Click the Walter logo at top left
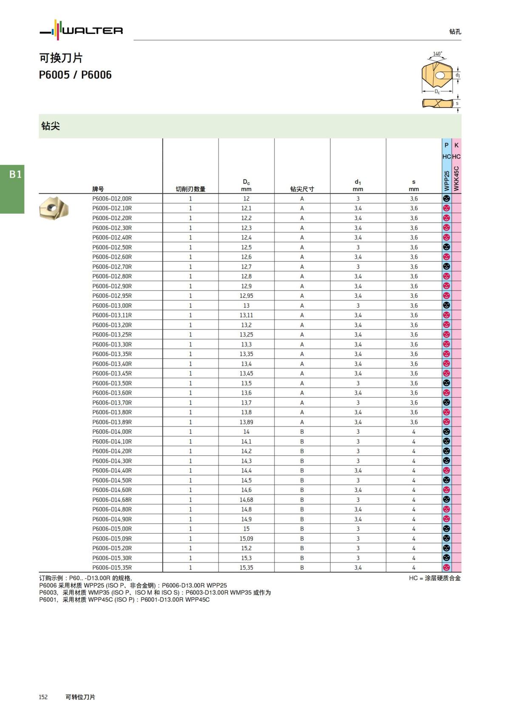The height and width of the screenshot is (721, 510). pyautogui.click(x=81, y=30)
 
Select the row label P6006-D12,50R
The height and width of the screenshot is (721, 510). pyautogui.click(x=112, y=247)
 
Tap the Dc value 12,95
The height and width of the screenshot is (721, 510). pyautogui.click(x=246, y=296)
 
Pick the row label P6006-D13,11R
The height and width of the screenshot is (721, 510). pyautogui.click(x=112, y=315)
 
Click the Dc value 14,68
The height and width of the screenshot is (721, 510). pyautogui.click(x=246, y=500)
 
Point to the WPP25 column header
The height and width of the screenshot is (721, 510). pyautogui.click(x=446, y=181)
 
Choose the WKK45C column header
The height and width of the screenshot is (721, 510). pyautogui.click(x=456, y=178)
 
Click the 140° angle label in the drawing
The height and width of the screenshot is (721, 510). pyautogui.click(x=437, y=54)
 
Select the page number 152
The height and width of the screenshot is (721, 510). pyautogui.click(x=43, y=697)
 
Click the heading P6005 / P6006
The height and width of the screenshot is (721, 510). pyautogui.click(x=75, y=75)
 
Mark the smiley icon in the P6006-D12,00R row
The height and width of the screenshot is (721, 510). pyautogui.click(x=446, y=198)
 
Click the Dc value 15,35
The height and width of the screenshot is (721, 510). pyautogui.click(x=246, y=568)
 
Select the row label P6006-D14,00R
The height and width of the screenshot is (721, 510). pyautogui.click(x=112, y=432)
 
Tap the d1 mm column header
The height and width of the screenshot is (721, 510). pyautogui.click(x=358, y=186)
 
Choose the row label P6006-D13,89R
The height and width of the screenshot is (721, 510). pyautogui.click(x=112, y=422)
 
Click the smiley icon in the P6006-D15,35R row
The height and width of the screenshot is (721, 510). pyautogui.click(x=446, y=568)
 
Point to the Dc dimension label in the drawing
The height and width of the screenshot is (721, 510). pyautogui.click(x=437, y=91)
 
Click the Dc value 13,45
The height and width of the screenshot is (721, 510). pyautogui.click(x=246, y=373)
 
